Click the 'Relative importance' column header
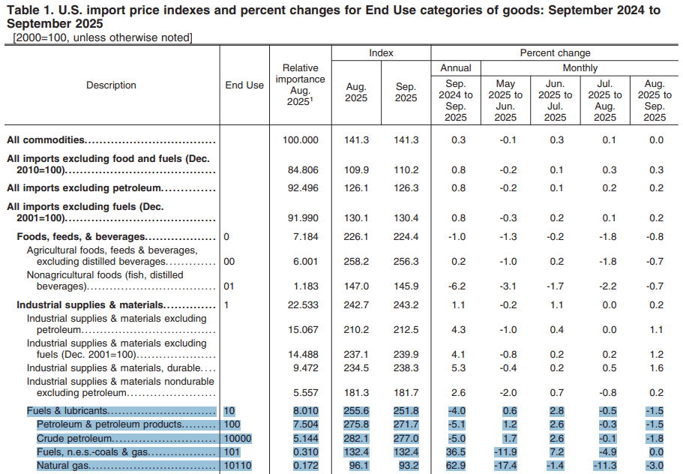(300, 85)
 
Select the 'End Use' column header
(244, 85)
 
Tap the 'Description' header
(111, 85)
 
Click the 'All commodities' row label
(46, 140)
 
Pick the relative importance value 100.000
(300, 140)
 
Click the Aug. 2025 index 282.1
(356, 438)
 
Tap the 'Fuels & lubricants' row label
(67, 411)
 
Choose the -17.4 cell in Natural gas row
(505, 466)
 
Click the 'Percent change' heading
(555, 53)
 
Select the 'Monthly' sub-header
(580, 68)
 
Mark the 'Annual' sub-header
(455, 68)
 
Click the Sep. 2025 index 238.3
(406, 368)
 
